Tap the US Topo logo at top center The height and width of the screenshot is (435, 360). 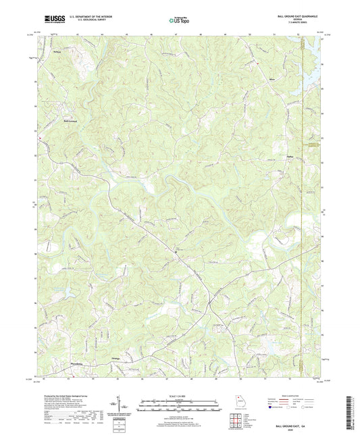179,21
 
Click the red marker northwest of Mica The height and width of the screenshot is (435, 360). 257,64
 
